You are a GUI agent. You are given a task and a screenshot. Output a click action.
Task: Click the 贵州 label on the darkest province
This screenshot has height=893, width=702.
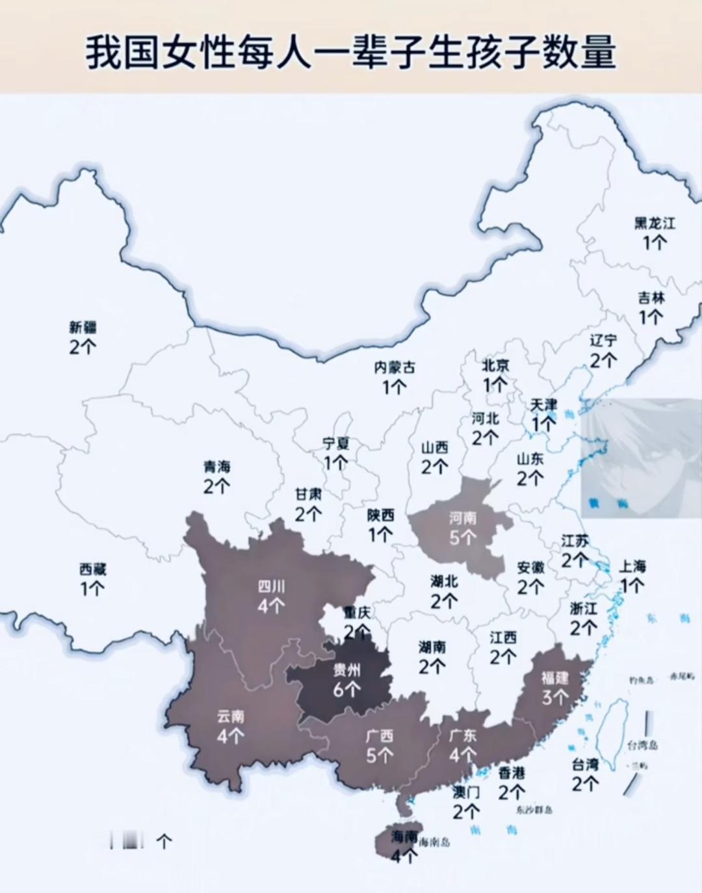[x=347, y=670]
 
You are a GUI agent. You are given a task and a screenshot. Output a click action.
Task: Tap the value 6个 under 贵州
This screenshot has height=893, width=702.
[x=347, y=689]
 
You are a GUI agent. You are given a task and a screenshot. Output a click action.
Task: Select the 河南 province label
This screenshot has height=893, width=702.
[x=463, y=518]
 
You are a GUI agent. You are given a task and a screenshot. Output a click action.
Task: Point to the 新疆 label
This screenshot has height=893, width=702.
[x=83, y=327]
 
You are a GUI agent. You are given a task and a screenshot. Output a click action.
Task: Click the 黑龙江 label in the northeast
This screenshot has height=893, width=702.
[x=655, y=224]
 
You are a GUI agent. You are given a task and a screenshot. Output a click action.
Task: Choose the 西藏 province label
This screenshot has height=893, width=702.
[x=92, y=569]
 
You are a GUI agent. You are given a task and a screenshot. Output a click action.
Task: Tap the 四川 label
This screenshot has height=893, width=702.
[x=271, y=587]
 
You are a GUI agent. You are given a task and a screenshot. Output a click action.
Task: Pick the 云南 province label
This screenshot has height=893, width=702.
[x=231, y=716]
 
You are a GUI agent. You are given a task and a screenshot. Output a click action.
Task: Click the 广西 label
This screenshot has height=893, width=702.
[x=380, y=736]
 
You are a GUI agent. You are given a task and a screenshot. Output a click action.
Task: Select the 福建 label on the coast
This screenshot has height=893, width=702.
[x=555, y=678]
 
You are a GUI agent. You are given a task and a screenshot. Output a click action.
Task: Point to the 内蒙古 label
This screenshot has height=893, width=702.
[x=394, y=368]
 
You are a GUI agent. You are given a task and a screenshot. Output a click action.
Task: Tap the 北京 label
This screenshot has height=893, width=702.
[x=495, y=365]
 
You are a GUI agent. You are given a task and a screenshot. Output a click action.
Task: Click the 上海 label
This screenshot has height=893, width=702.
[x=632, y=566]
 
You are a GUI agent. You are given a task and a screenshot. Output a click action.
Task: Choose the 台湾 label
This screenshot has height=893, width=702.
[x=585, y=765]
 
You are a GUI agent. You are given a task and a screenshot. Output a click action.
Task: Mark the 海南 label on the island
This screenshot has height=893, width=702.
[x=404, y=837]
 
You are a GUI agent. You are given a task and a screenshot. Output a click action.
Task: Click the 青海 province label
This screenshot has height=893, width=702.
[x=217, y=467]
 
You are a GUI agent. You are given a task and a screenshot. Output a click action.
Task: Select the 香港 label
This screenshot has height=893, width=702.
[x=512, y=773]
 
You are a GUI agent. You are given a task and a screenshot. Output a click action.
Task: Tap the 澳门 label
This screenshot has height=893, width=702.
[x=466, y=792]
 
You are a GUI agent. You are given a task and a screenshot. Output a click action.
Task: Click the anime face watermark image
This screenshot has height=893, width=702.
[x=641, y=458]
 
